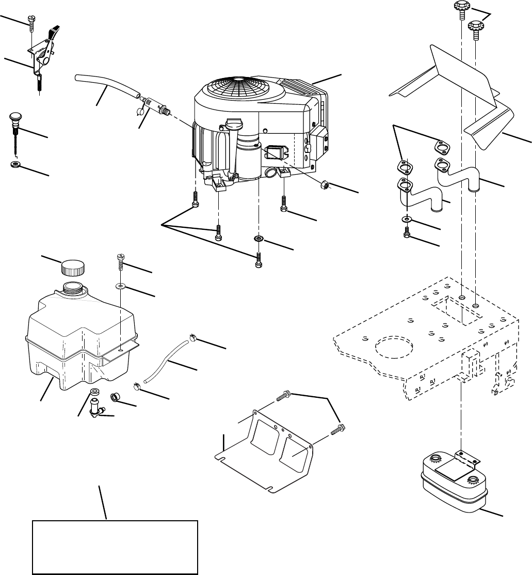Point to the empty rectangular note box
(x=115, y=547)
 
